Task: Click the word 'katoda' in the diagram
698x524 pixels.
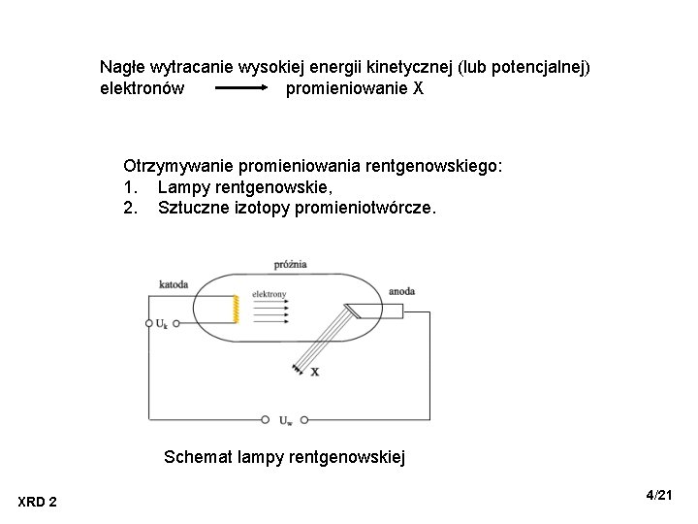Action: click(x=174, y=284)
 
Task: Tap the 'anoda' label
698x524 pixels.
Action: click(x=402, y=290)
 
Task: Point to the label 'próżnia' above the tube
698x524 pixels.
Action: click(x=291, y=263)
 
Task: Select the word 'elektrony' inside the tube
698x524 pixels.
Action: click(x=269, y=293)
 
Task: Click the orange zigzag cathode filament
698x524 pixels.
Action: click(x=235, y=310)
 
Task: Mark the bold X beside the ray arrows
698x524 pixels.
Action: click(x=314, y=371)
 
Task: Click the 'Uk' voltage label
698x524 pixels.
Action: click(x=161, y=324)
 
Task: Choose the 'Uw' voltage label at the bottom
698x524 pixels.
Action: click(x=285, y=420)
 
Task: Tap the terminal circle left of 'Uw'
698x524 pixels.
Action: click(x=266, y=420)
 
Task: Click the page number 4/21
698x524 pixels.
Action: click(x=659, y=496)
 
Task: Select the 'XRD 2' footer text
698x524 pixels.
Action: click(x=37, y=501)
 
